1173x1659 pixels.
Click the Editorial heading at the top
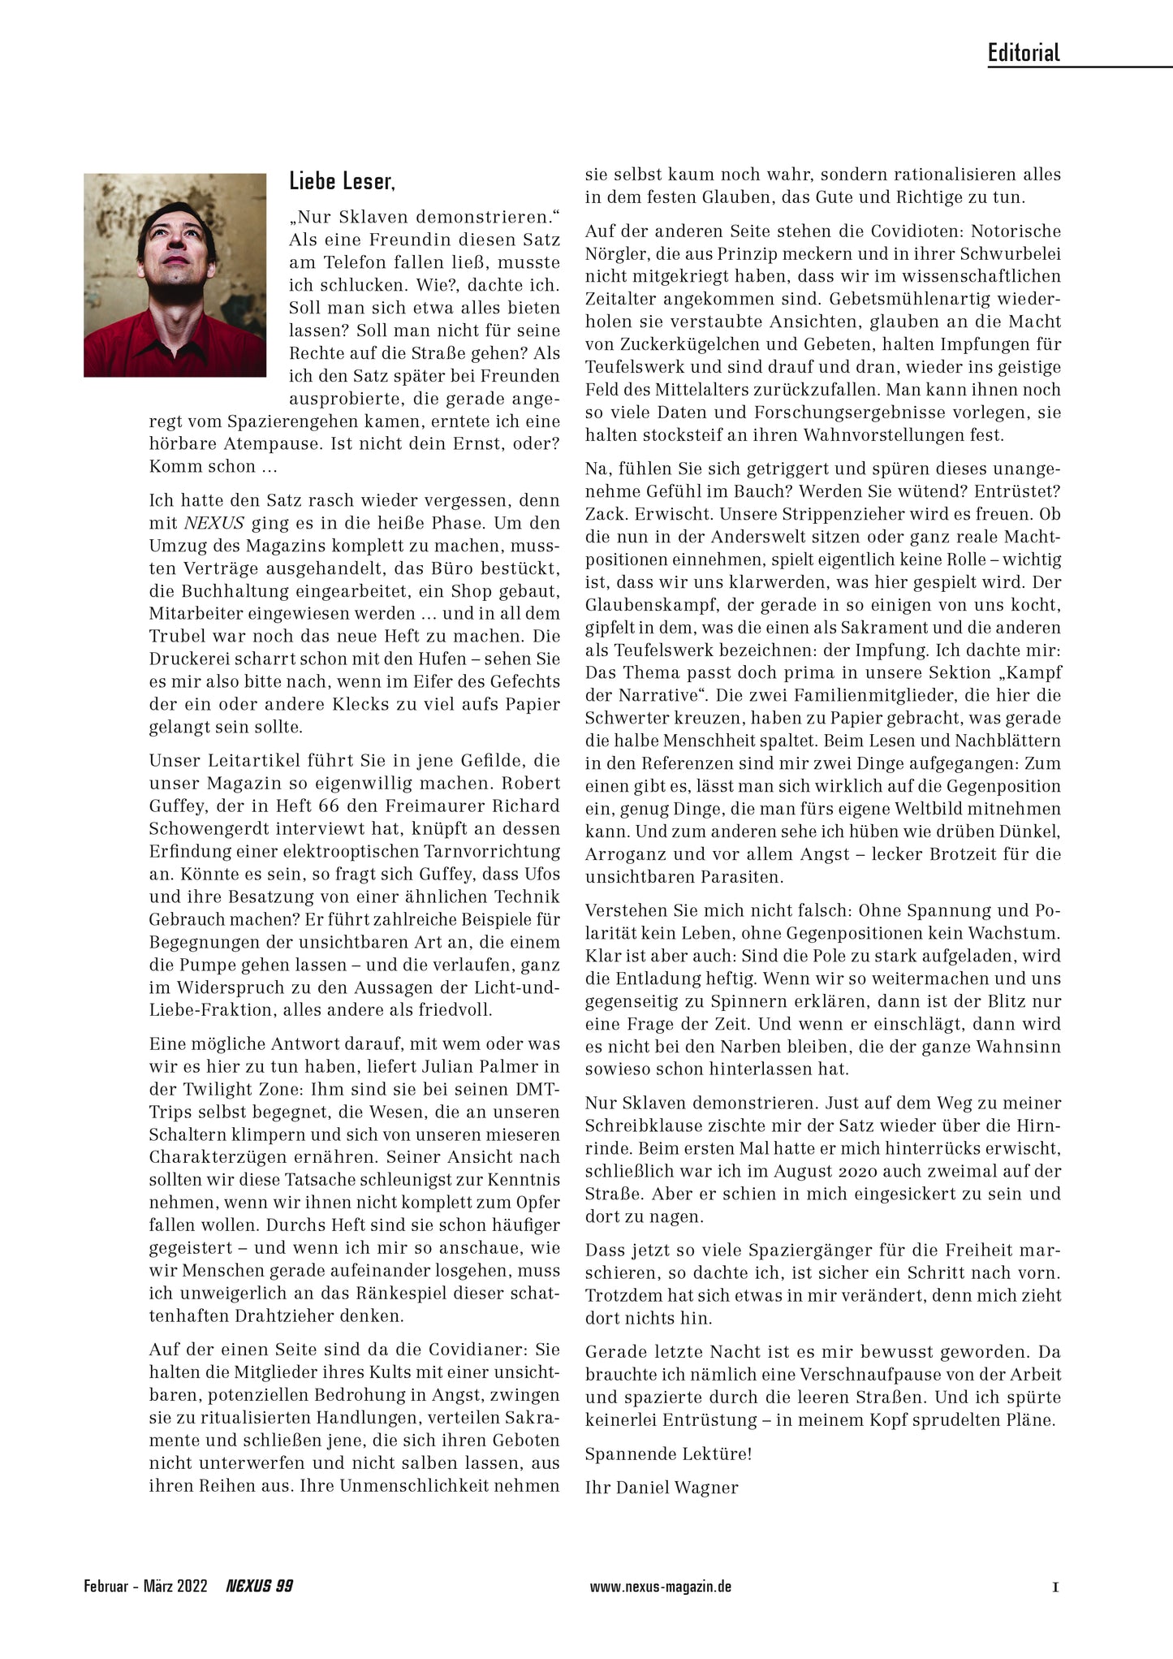(1024, 54)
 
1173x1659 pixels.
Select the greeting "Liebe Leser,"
(342, 182)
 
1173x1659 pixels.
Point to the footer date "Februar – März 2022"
(145, 1586)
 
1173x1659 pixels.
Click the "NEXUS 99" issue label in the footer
(259, 1586)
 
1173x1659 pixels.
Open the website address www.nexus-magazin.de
(661, 1586)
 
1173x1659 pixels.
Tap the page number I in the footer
(1055, 1586)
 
